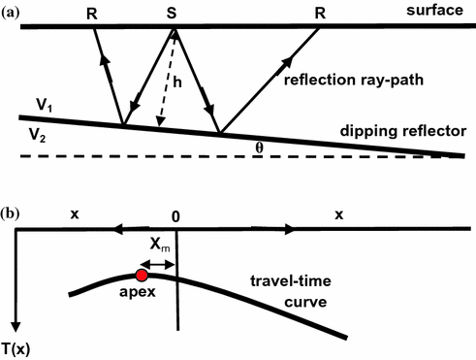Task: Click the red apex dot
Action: click(143, 278)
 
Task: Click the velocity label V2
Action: click(42, 137)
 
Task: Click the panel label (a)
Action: click(14, 9)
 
